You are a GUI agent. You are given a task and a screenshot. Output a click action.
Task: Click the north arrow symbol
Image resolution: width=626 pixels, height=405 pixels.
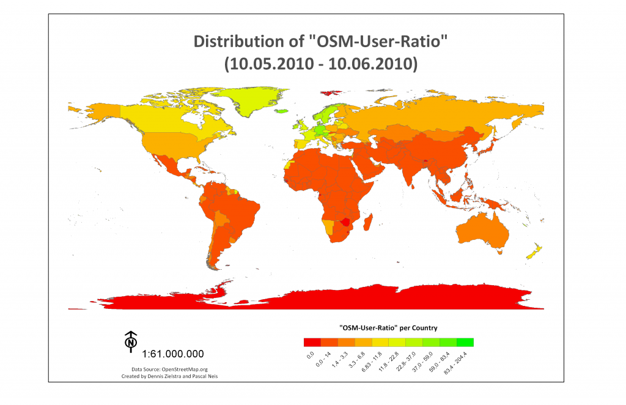131,342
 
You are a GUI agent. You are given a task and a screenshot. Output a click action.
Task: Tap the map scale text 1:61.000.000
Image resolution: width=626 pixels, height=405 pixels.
173,354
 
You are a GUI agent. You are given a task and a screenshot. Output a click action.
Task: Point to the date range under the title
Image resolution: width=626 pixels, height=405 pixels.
320,63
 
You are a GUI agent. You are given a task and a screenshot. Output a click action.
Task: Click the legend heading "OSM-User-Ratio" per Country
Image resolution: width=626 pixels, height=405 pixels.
388,327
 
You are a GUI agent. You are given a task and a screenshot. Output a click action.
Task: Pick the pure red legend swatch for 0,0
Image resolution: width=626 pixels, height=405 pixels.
311,342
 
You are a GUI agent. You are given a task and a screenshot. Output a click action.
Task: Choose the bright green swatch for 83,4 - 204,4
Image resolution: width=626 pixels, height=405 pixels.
465,342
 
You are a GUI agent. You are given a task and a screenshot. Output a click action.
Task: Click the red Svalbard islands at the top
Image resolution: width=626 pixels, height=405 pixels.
330,93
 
